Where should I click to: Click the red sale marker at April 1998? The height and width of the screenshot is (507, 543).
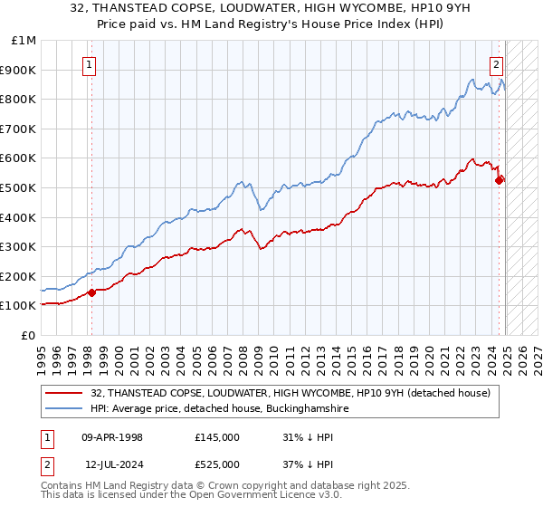92,292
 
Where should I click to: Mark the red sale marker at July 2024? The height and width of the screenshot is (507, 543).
499,180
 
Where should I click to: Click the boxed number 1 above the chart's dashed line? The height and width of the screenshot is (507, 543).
90,64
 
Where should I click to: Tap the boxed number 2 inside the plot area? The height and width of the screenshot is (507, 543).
497,64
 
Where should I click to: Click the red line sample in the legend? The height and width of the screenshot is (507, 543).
63,393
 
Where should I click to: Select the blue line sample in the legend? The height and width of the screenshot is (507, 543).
63,409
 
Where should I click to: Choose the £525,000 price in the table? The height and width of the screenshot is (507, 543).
217,463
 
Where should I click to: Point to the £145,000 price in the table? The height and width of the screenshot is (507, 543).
217,437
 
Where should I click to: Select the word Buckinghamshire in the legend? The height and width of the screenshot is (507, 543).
299,409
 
